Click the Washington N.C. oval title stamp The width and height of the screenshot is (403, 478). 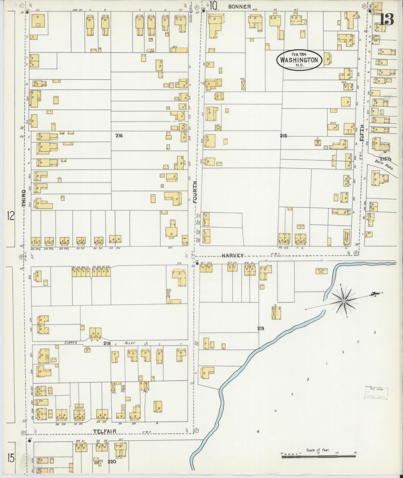(299, 60)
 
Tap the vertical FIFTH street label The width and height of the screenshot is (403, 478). (362, 134)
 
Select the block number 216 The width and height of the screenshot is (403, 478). (119, 136)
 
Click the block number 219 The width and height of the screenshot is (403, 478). (261, 329)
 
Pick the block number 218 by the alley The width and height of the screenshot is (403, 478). (107, 344)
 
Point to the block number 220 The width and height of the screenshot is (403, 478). (112, 462)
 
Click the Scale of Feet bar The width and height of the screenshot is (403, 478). (318, 457)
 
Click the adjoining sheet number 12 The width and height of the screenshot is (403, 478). (11, 216)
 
